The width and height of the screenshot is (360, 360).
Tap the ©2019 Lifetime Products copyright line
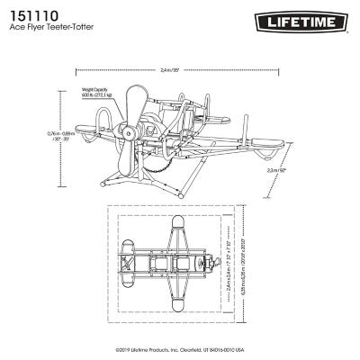(180, 350)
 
